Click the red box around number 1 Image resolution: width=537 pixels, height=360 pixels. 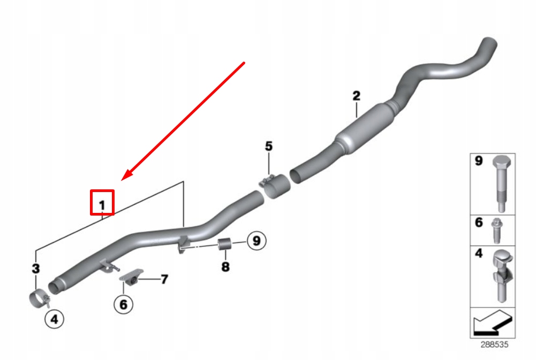coord(102,202)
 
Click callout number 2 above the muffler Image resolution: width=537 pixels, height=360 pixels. coord(356,96)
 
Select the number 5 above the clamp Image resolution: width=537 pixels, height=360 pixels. coord(268,145)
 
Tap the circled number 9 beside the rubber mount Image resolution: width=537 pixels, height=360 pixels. coord(256,241)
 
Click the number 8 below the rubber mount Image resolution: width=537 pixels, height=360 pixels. coord(225,266)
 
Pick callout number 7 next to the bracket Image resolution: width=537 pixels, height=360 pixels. coord(164,279)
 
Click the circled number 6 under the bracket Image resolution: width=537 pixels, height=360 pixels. coord(123,304)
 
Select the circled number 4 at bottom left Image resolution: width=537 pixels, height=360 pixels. coord(54,320)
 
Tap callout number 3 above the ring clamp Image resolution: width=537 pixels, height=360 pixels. coord(35,268)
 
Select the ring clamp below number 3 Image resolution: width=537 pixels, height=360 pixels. coord(39,297)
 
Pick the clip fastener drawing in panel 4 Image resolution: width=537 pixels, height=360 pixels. coord(501,275)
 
